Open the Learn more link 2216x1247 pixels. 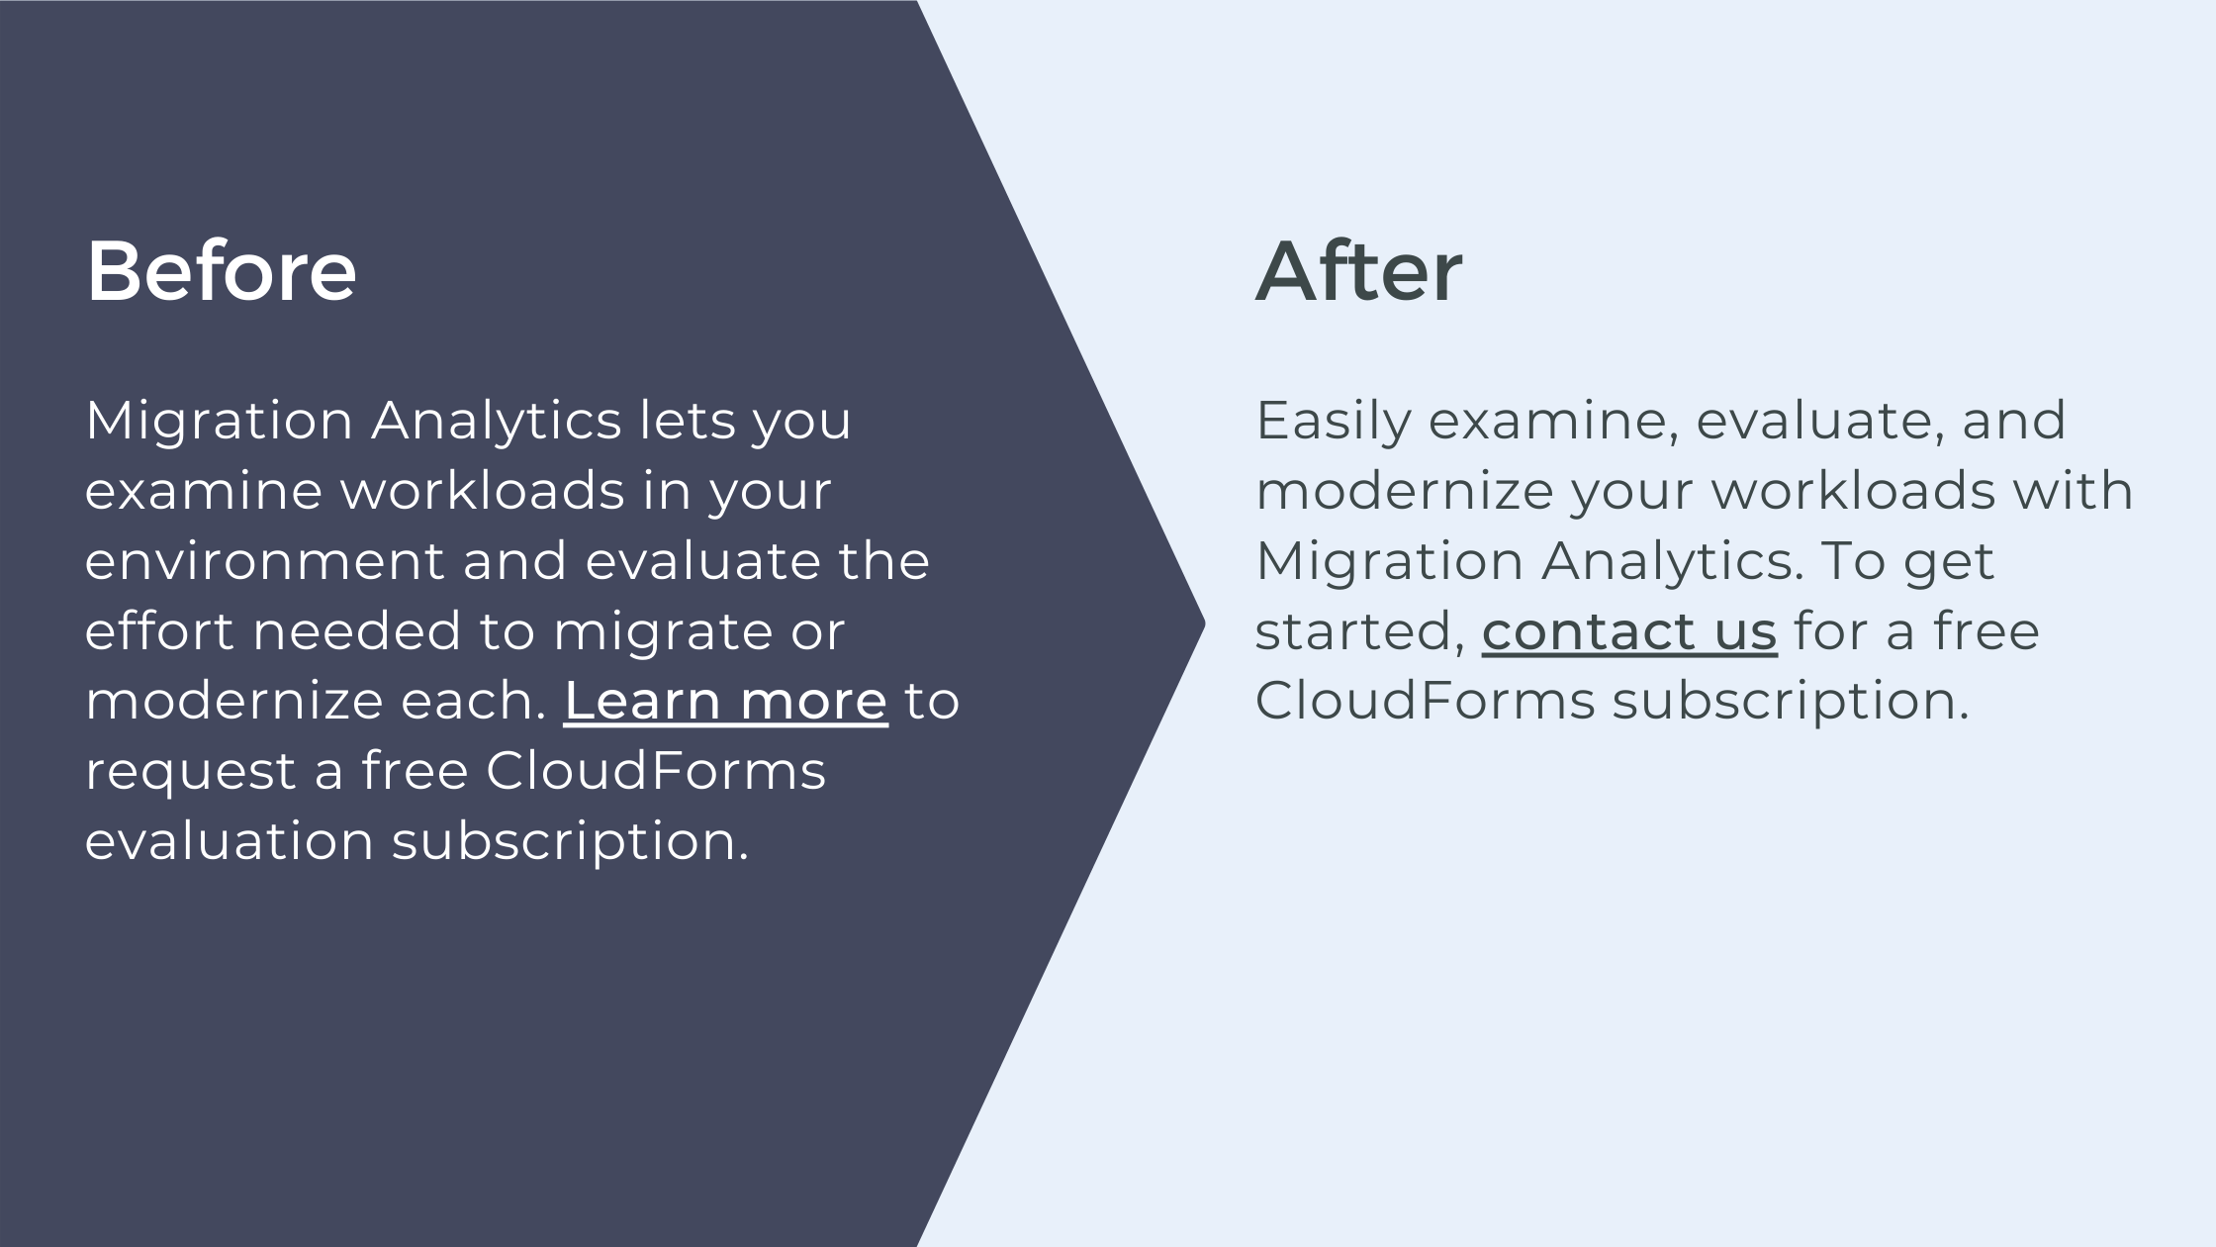pyautogui.click(x=725, y=701)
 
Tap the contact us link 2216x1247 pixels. pyautogui.click(x=1629, y=630)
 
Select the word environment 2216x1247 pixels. pyautogui.click(x=265, y=560)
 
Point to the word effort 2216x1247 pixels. pyautogui.click(x=160, y=630)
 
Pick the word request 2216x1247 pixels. pyautogui.click(x=191, y=773)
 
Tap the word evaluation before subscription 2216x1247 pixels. pyautogui.click(x=230, y=840)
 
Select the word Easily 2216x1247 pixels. pyautogui.click(x=1334, y=422)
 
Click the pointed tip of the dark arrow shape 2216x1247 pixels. pyautogui.click(x=1204, y=623)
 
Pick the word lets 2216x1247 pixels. pyautogui.click(x=688, y=420)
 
